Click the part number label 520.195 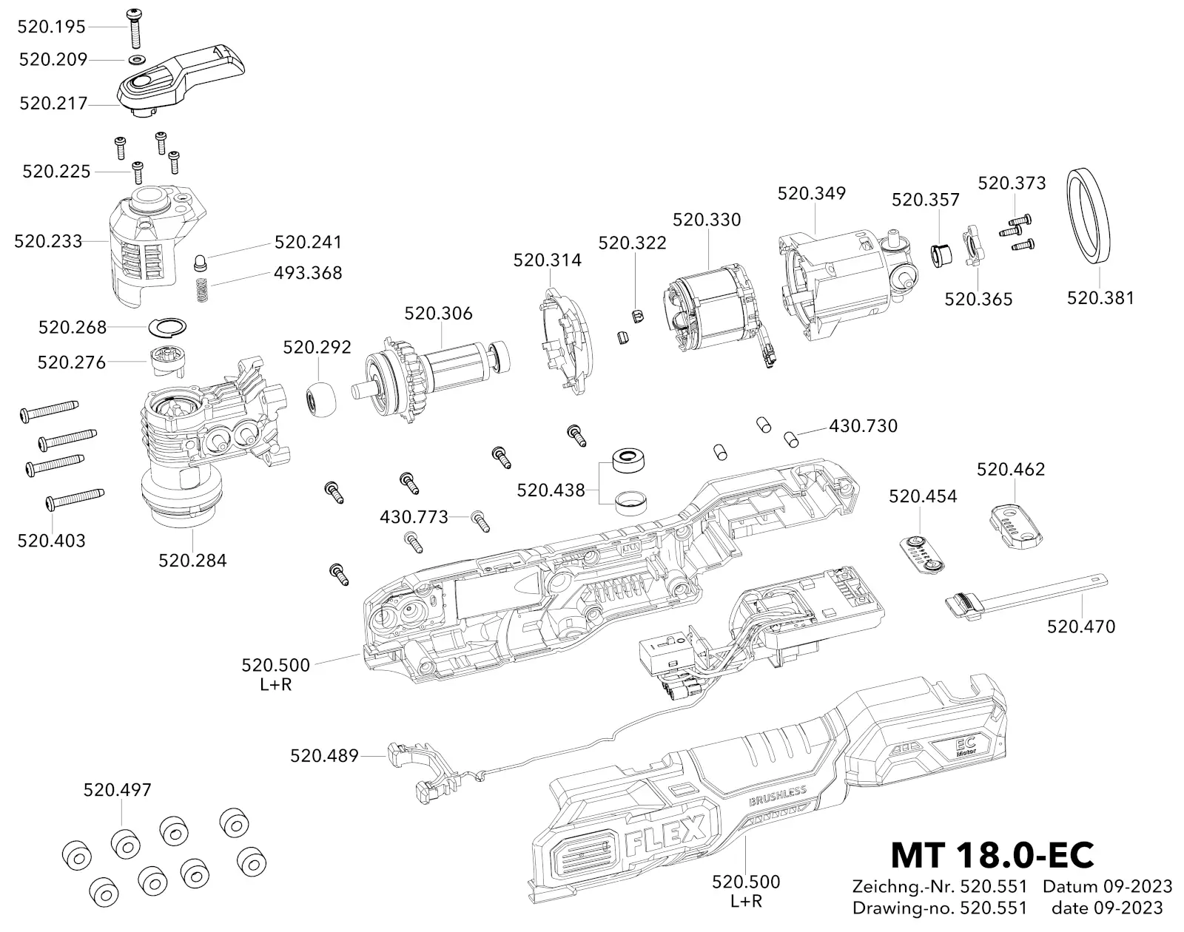point(52,27)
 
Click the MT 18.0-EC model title point(992,854)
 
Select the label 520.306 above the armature point(438,313)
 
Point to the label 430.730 point(863,426)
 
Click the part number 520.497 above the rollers point(117,789)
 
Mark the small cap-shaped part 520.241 point(200,262)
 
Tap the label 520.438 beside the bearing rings point(551,490)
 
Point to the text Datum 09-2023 point(1107,886)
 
